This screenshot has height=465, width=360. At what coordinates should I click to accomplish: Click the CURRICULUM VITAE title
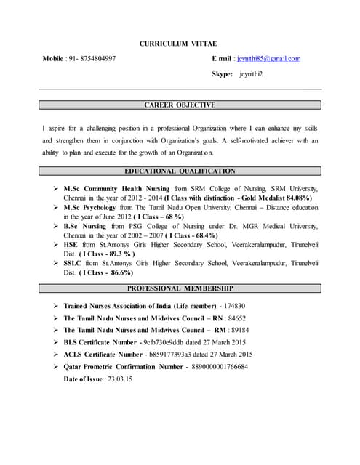[178, 44]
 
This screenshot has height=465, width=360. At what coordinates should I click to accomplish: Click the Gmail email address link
[268, 59]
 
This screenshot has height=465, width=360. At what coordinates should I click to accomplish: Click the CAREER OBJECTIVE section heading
[180, 105]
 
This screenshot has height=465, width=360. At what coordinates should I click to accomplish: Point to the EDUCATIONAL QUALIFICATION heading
[180, 171]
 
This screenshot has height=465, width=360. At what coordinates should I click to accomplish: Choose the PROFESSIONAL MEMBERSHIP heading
[180, 289]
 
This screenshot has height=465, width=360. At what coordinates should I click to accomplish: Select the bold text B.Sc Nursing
[86, 227]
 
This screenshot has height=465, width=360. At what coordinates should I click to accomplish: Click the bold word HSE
[71, 246]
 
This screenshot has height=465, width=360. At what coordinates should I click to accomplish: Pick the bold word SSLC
[73, 264]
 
